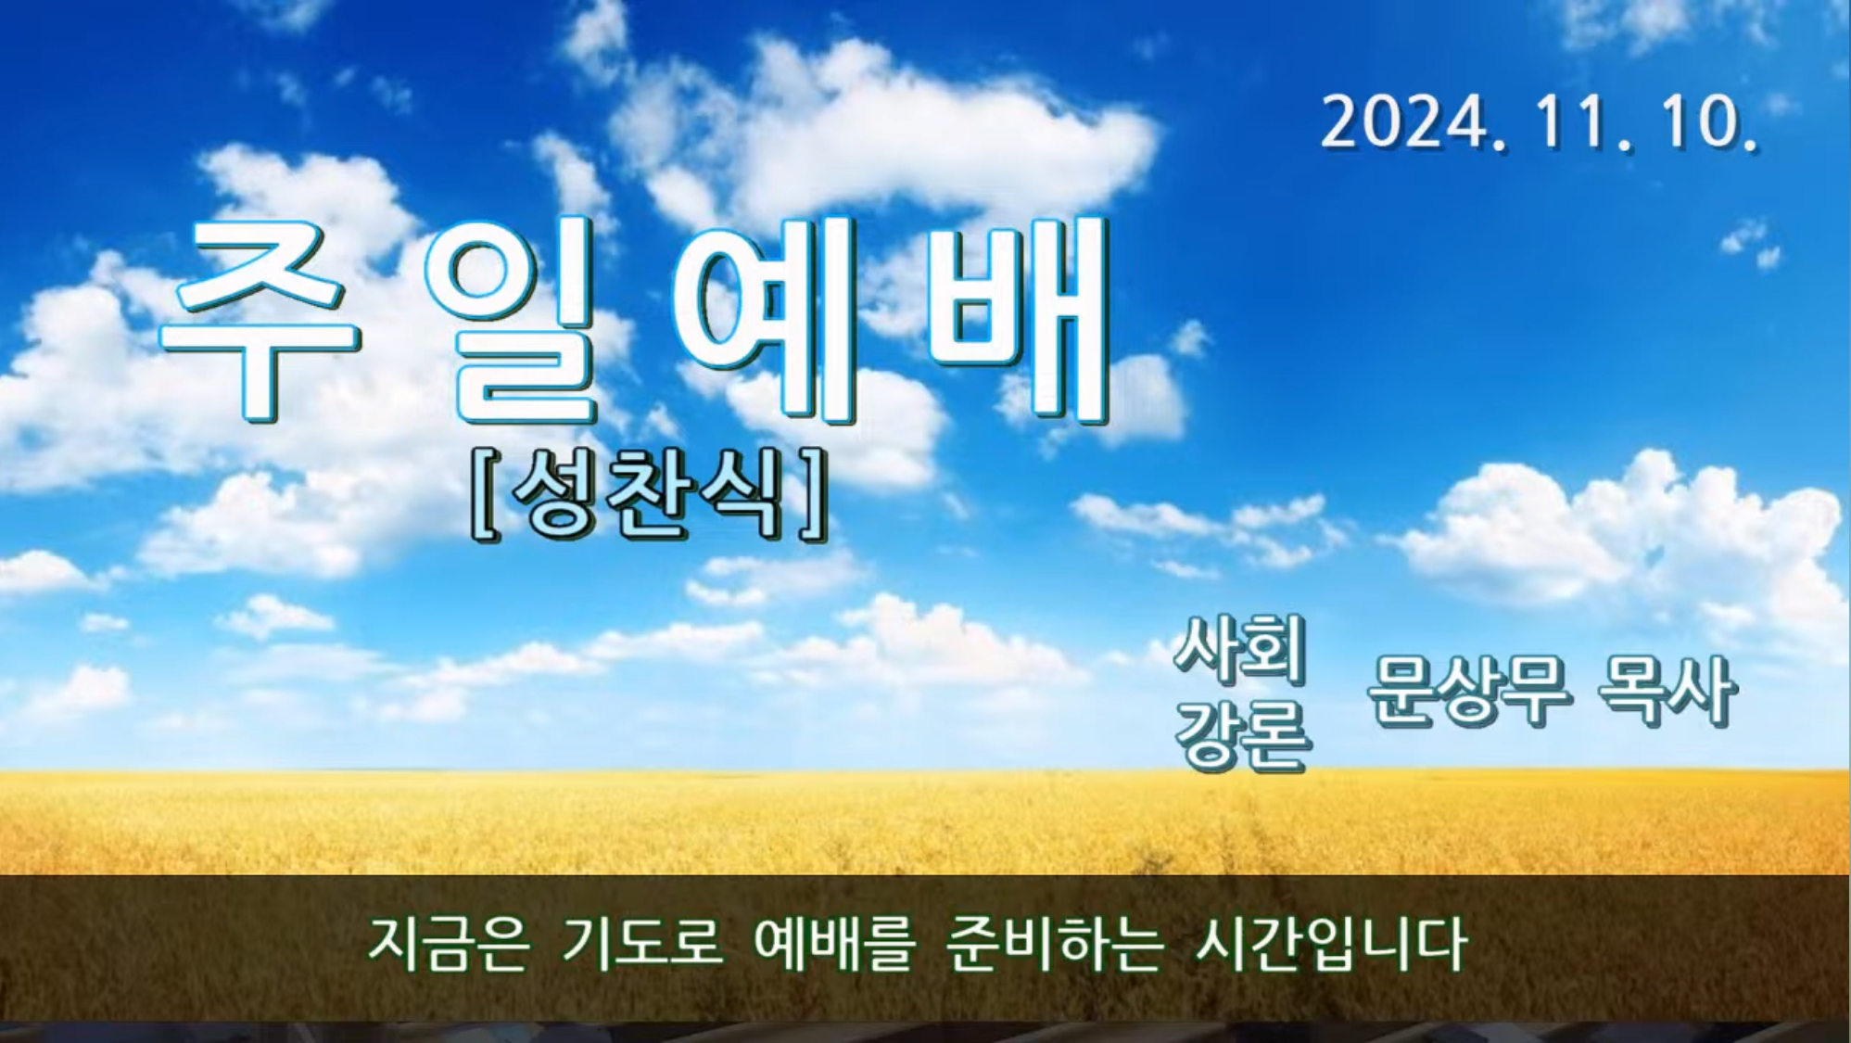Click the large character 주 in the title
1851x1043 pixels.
point(262,321)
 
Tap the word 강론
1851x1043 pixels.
point(1243,734)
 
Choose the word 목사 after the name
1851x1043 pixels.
point(1666,690)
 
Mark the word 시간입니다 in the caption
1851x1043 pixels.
point(1331,944)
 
